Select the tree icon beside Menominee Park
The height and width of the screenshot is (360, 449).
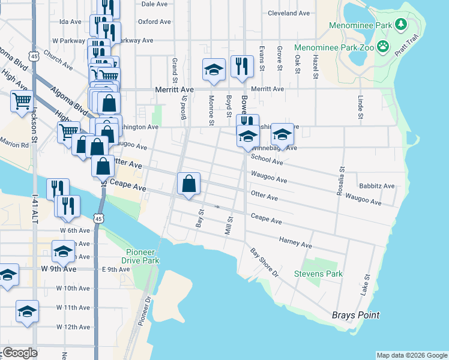[x=401, y=25]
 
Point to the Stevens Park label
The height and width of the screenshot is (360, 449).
[x=318, y=274]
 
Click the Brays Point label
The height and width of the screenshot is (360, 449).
[x=356, y=315]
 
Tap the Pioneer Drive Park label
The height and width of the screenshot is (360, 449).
[x=143, y=256]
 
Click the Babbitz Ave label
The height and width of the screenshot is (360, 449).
[x=376, y=186]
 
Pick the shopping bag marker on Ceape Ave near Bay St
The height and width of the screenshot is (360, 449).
[x=188, y=183]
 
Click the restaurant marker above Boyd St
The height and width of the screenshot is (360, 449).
[x=241, y=66]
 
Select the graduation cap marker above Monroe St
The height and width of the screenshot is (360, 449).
[x=214, y=70]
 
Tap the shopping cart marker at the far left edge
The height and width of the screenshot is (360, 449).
[x=22, y=101]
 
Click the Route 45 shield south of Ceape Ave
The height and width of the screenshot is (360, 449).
[x=101, y=217]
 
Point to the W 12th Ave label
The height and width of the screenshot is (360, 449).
[x=73, y=327]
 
